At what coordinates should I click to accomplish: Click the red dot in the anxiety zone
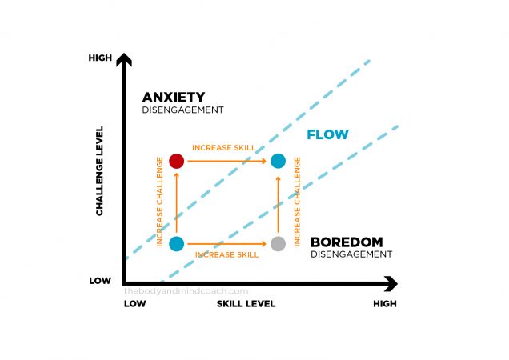coord(177,161)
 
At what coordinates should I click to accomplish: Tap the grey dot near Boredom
coord(278,243)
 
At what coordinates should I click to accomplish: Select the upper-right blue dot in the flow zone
coord(278,161)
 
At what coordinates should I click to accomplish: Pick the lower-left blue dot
coord(177,243)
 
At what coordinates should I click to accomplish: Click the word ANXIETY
coord(174,97)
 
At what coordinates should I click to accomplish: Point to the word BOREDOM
coord(347,242)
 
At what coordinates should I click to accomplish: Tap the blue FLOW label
coord(328,134)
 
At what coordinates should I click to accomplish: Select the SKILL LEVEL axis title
coord(246,304)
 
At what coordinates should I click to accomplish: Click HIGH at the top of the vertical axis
coord(100,58)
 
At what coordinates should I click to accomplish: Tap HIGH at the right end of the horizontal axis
coord(383,304)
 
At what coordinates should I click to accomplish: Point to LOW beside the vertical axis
coord(100,281)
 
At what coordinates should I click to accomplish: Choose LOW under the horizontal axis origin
coord(134,304)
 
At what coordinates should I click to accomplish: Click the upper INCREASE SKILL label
coord(226,148)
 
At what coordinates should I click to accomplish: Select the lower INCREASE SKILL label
coord(226,254)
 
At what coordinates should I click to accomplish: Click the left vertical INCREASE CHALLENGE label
coord(161,202)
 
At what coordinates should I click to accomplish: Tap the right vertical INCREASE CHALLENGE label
coord(298,202)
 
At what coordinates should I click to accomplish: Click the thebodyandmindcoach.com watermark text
coord(186,292)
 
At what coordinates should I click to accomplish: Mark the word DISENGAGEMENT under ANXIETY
coord(182,110)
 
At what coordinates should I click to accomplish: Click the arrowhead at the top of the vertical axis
coord(123,58)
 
